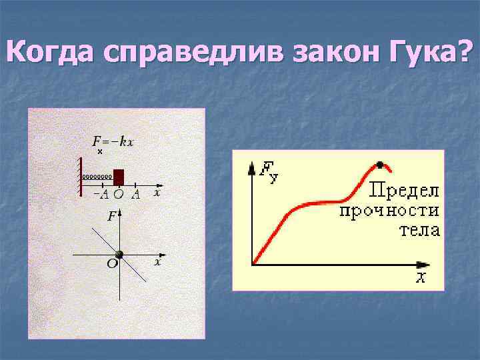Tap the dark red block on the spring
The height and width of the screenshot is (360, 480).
click(x=119, y=177)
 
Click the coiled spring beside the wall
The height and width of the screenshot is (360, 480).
click(x=97, y=177)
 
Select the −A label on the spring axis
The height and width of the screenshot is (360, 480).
click(x=101, y=194)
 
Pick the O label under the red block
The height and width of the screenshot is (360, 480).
click(x=118, y=195)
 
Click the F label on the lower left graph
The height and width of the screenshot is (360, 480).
click(x=111, y=216)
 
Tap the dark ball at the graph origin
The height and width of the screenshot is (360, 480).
click(x=119, y=255)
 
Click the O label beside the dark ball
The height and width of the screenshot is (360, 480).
click(x=112, y=264)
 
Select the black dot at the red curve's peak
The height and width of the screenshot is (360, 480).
click(x=380, y=165)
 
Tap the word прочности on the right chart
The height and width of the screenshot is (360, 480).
click(x=389, y=211)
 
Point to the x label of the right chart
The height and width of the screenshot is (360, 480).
click(x=421, y=277)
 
